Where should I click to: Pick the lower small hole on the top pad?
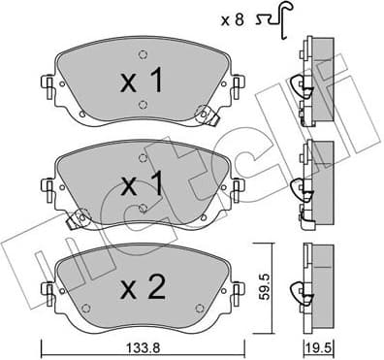pos(142,106)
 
